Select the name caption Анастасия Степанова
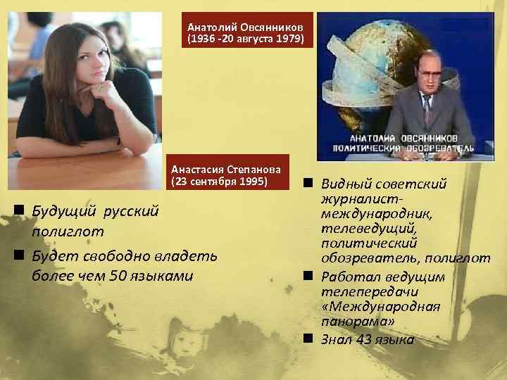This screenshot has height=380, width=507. click(229, 170)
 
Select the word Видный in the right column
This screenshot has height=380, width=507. click(344, 184)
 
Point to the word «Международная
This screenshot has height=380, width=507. click(380, 306)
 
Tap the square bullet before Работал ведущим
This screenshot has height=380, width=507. click(308, 276)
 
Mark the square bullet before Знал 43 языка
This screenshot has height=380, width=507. click(308, 338)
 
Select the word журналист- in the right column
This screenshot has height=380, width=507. click(359, 199)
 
